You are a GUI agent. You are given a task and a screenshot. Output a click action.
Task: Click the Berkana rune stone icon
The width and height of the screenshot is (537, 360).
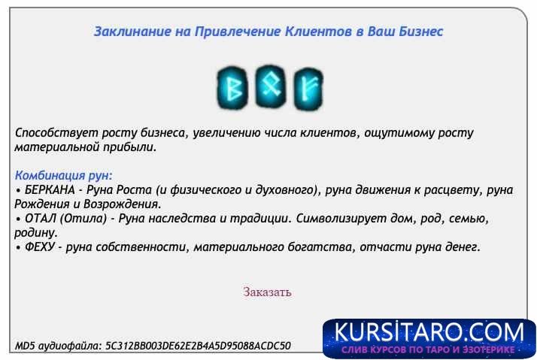234,86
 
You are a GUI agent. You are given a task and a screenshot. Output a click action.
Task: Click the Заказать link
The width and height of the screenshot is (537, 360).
267,292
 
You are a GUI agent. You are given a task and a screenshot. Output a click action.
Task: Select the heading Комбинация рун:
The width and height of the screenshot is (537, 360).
63,175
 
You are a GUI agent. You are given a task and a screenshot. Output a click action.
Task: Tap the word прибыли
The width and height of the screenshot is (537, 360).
131,147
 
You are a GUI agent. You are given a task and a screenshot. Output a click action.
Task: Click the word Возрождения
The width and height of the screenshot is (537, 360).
123,204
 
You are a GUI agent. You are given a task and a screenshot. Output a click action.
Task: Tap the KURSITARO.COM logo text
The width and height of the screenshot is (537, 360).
429,332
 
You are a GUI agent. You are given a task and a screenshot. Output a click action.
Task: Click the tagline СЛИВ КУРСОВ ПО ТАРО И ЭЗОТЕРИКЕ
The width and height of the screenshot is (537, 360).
429,350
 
